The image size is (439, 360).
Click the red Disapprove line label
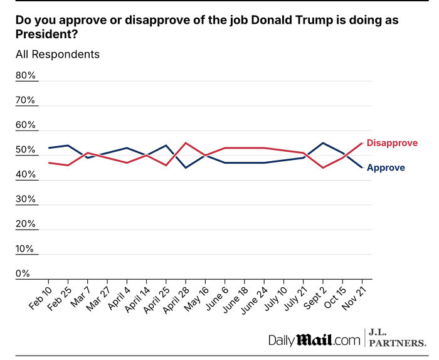tap(392, 143)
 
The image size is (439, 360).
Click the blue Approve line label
tap(385, 167)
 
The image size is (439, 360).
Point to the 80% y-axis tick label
tap(26, 76)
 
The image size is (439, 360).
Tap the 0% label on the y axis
tap(23, 274)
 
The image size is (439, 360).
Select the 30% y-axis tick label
tap(26, 199)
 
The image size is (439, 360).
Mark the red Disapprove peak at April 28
tap(186, 143)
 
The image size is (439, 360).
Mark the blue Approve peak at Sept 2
tap(323, 143)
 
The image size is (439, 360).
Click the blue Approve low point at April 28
tap(186, 167)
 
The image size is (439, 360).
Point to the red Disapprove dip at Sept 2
tap(323, 167)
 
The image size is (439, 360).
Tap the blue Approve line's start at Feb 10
tap(48, 148)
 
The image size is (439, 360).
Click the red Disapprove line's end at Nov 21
tap(362, 143)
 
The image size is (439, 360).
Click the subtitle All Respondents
tap(58, 54)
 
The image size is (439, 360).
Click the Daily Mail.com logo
tap(315, 340)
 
